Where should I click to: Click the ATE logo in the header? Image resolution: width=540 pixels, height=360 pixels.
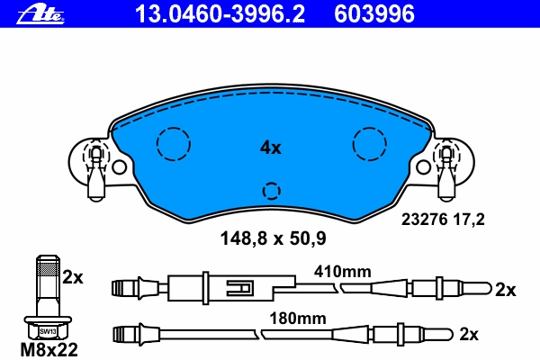(x=40, y=14)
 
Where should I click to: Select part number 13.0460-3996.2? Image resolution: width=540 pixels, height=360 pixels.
(x=220, y=14)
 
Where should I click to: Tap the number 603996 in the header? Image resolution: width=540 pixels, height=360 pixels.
(x=374, y=14)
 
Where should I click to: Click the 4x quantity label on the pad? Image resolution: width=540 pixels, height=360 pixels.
(x=270, y=148)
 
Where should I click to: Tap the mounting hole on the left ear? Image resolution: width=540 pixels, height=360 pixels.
(x=119, y=167)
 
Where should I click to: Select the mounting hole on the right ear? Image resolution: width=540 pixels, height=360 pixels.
(x=423, y=167)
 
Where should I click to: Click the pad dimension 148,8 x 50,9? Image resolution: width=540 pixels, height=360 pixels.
(x=273, y=238)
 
